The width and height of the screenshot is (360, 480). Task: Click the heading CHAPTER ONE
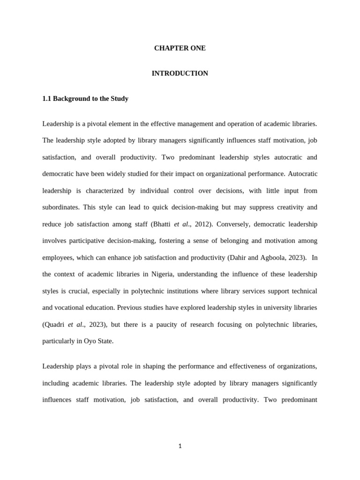pyautogui.click(x=180, y=48)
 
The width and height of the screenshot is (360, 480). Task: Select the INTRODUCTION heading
pyautogui.click(x=180, y=74)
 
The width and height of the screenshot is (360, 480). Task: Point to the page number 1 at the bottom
pyautogui.click(x=180, y=446)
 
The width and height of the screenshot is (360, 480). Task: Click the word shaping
pyautogui.click(x=143, y=366)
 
